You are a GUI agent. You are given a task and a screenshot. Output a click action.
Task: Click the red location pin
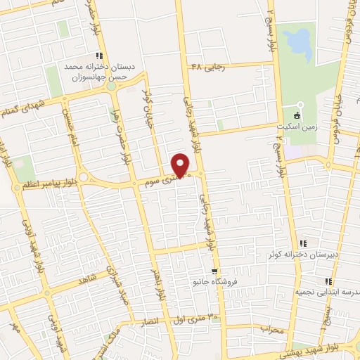coord(181,165)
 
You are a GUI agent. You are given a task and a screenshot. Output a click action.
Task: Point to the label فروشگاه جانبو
coord(212,282)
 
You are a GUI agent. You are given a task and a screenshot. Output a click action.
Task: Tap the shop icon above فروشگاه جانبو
coord(214,271)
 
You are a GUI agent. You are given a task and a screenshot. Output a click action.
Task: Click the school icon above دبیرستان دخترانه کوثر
coord(302,243)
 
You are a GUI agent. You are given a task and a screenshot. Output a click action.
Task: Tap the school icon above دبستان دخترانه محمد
coord(101,56)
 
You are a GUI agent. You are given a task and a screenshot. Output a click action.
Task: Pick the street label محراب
coord(271,328)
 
